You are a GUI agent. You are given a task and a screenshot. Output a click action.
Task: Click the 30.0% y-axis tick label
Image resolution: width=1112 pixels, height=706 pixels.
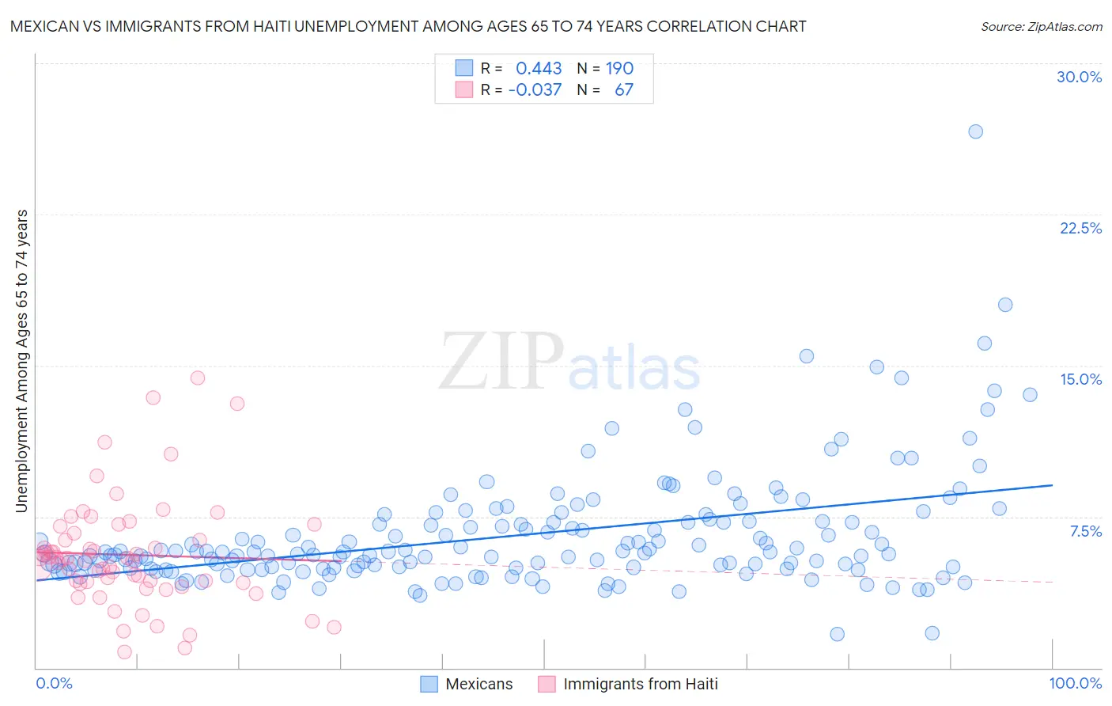[x=1079, y=77]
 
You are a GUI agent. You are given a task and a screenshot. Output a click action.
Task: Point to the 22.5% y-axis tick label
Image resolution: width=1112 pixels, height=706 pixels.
[x=1080, y=228]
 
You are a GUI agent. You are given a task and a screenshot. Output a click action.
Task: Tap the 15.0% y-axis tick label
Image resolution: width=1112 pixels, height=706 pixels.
[x=1080, y=379]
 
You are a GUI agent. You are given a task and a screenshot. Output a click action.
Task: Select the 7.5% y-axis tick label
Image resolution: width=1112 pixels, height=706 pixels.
[x=1085, y=531]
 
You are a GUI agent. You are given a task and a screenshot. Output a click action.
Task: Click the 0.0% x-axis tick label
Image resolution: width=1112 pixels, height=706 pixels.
[x=54, y=683]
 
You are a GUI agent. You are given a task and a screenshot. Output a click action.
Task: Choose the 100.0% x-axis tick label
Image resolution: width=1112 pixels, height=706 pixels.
[x=1075, y=683]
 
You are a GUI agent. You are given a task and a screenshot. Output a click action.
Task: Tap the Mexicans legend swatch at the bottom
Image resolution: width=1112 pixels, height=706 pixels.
[x=429, y=684]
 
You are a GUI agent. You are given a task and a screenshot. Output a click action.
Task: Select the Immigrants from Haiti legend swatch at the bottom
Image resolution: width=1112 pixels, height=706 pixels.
[x=547, y=684]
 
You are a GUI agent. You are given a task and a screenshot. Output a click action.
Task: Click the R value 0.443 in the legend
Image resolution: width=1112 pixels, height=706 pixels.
[x=539, y=69]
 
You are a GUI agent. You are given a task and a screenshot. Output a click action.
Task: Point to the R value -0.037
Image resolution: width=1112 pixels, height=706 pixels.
[x=535, y=89]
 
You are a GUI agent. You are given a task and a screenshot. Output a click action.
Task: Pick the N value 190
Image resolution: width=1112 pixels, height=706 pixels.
[x=619, y=69]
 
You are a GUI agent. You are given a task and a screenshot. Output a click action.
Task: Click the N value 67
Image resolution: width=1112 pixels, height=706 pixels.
[x=623, y=89]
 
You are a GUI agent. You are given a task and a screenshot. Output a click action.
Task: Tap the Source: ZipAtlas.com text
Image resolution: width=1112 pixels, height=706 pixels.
[x=1041, y=26]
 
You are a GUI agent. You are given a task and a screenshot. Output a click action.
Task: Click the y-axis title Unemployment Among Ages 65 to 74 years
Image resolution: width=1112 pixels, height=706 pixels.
[x=21, y=361]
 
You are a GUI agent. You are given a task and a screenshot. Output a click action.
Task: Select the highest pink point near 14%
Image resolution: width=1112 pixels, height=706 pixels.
[x=198, y=378]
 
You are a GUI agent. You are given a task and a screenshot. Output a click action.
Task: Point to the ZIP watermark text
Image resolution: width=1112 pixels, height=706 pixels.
[x=501, y=362]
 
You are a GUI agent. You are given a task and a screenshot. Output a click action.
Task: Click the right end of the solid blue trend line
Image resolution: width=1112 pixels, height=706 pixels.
[x=1052, y=484]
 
